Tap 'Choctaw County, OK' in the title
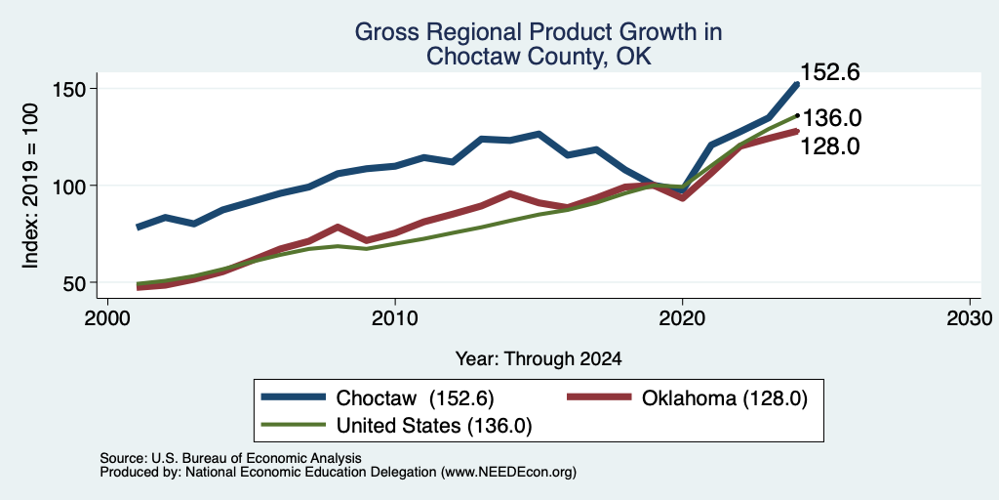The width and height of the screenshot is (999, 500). tap(539, 57)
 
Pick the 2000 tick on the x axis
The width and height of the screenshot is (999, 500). tap(107, 317)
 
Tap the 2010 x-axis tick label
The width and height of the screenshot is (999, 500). tap(395, 317)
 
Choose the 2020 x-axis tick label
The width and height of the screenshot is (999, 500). tap(682, 317)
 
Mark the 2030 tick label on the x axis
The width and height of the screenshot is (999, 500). tap(970, 317)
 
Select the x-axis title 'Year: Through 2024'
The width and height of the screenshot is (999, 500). tap(539, 359)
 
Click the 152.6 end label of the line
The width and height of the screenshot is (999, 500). tap(829, 72)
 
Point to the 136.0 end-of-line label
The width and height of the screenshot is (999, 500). tap(831, 118)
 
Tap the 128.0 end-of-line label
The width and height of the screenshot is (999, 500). tap(829, 146)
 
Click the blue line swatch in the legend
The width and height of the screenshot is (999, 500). tap(294, 396)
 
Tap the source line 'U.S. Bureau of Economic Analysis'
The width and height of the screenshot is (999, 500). tap(257, 458)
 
